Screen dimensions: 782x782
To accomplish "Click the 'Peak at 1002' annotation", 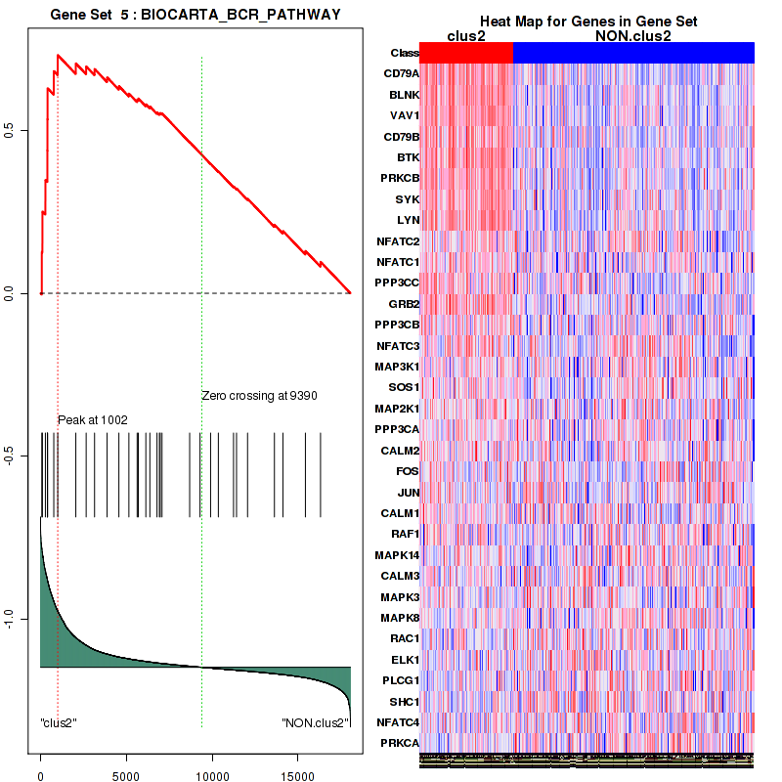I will pos(93,420).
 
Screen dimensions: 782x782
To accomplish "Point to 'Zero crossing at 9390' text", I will pos(260,396).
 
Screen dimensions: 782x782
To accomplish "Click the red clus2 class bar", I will pos(466,52).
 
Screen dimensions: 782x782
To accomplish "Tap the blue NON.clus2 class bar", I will pos(633,52).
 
